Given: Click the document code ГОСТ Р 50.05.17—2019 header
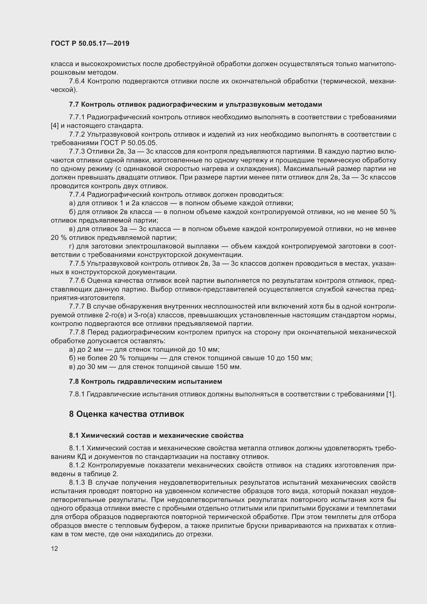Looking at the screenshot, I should (90, 44).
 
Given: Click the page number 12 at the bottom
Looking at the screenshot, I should (54, 548).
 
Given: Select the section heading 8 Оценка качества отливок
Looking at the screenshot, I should (126, 414).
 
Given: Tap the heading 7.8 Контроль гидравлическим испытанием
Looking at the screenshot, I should (145, 381).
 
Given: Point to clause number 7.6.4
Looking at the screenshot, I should (77, 81).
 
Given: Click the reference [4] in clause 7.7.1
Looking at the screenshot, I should (54, 125).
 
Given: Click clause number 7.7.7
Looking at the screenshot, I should (77, 307).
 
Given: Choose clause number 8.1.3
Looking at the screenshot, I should (77, 482).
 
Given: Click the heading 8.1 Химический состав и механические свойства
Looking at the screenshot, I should (156, 435).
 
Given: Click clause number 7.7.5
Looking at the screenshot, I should (77, 264).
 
